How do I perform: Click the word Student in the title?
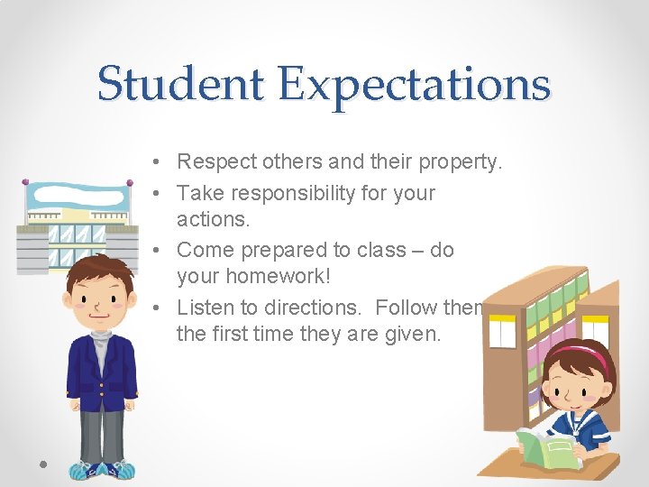(180, 84)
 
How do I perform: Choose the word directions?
(307, 307)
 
